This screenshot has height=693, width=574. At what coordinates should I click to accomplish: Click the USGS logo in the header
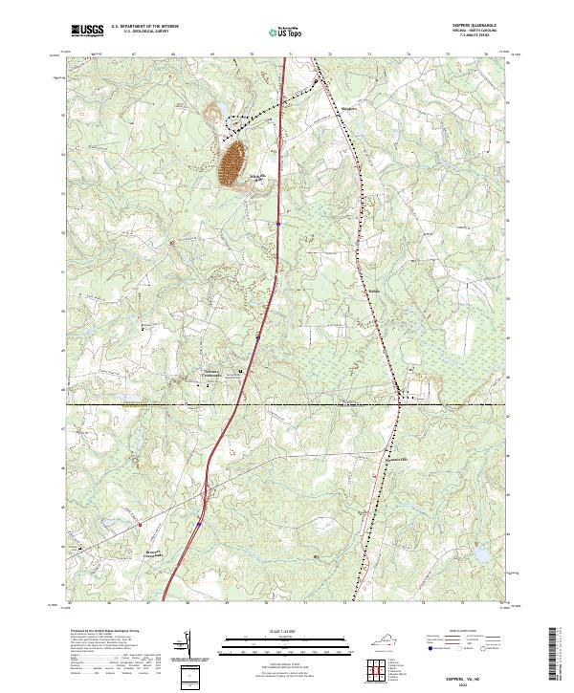tap(87, 31)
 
